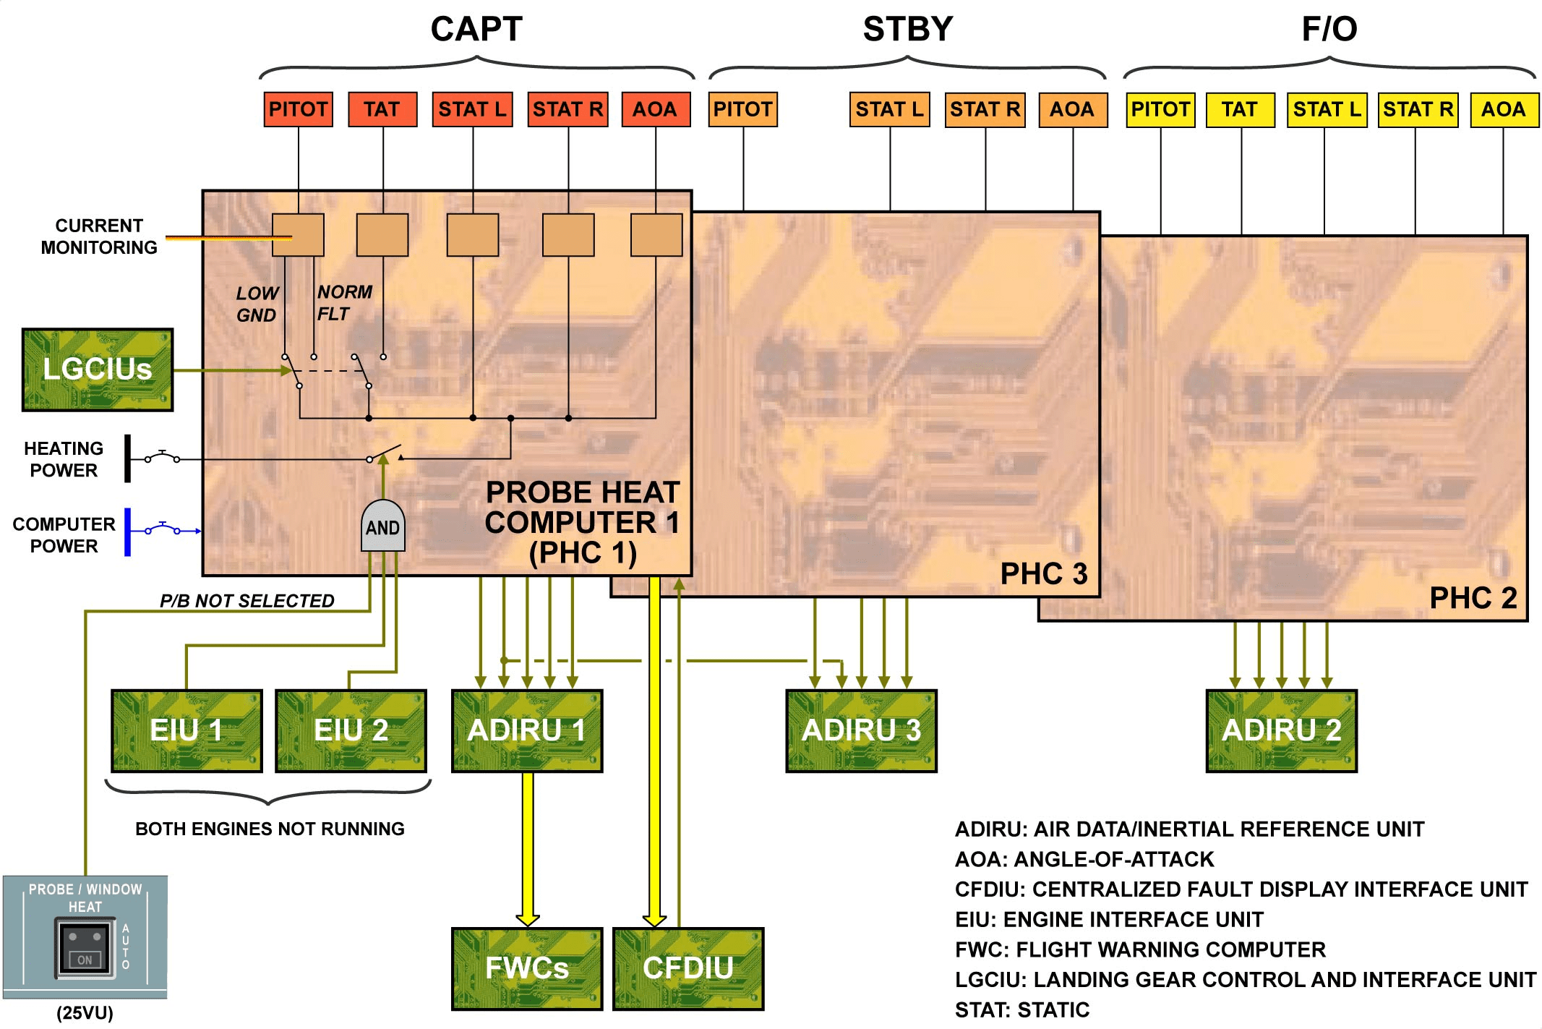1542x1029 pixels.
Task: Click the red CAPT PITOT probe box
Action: [x=298, y=109]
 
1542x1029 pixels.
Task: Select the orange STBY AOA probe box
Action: [x=1072, y=109]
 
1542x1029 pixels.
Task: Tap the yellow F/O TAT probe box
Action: [x=1240, y=109]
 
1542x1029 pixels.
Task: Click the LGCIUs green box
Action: [x=98, y=370]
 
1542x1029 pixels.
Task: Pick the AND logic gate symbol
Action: [x=382, y=526]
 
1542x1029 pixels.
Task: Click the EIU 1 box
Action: [x=187, y=730]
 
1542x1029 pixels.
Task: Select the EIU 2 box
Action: [x=351, y=730]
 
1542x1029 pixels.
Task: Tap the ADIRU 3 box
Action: [x=861, y=730]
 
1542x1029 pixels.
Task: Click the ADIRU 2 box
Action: [x=1281, y=730]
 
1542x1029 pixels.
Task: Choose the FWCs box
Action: [x=527, y=968]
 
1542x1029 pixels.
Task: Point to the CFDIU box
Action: [x=688, y=968]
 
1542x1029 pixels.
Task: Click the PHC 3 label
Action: [x=1043, y=573]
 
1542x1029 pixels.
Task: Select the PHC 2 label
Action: [x=1473, y=598]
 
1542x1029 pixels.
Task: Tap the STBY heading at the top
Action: [x=908, y=30]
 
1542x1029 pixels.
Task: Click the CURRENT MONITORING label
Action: [x=99, y=236]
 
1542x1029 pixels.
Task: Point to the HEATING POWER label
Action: [x=64, y=459]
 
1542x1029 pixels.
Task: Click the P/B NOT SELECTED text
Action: [x=247, y=601]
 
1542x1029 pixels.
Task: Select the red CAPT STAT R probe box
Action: [x=567, y=109]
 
